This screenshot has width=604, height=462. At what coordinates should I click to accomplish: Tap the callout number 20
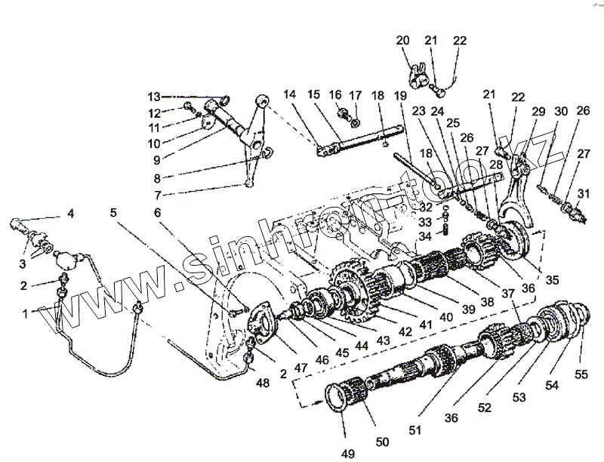402,41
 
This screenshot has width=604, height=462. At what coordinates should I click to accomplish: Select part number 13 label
154,97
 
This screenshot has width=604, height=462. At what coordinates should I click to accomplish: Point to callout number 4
70,214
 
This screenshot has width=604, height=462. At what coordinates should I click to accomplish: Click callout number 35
553,279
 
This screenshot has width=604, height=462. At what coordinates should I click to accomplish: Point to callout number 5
112,213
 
